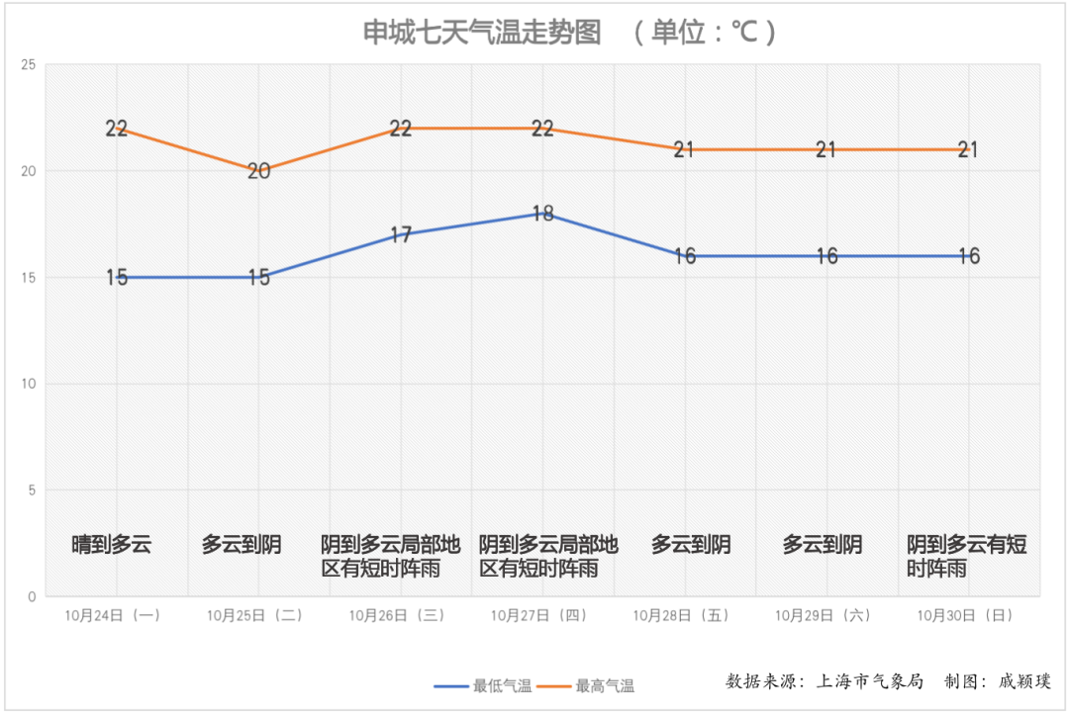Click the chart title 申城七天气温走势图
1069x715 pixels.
(x=482, y=33)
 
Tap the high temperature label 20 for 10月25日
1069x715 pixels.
(x=258, y=171)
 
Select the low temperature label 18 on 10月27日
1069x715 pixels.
(x=542, y=214)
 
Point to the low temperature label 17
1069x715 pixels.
(x=401, y=235)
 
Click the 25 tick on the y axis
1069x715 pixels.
(x=28, y=65)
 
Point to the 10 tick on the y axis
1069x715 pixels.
(x=28, y=384)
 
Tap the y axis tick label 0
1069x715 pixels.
(x=32, y=596)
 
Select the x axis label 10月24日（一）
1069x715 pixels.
(x=113, y=615)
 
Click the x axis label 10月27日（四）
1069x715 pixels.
(x=539, y=615)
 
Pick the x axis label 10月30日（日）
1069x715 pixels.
(x=965, y=615)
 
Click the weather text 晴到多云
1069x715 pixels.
(x=111, y=544)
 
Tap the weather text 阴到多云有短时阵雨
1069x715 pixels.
(x=966, y=556)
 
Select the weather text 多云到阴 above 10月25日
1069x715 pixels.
(x=242, y=544)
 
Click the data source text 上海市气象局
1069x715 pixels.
(x=869, y=680)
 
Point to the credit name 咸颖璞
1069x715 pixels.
(x=1024, y=680)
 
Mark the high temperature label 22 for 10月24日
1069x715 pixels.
(x=117, y=129)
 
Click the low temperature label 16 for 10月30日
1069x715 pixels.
(x=968, y=256)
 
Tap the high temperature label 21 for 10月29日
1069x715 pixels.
(x=826, y=150)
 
